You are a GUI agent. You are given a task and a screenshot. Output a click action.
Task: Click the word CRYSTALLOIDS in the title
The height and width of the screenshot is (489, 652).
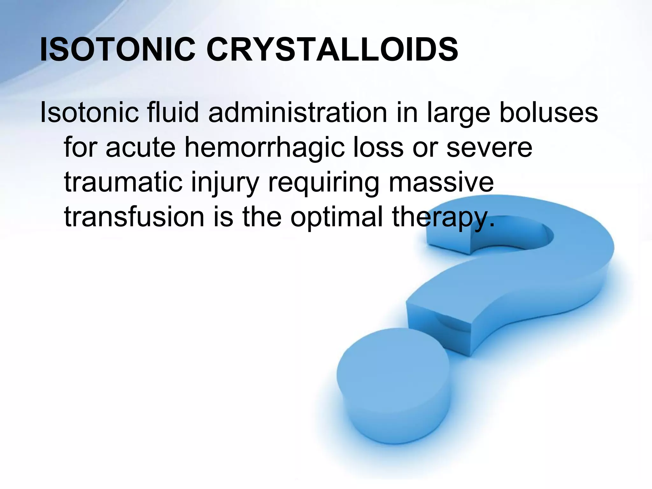click(332, 50)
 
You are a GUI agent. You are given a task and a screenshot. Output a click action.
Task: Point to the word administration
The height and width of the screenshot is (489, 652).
click(298, 113)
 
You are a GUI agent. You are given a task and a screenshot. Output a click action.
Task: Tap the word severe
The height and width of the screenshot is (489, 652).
click(489, 148)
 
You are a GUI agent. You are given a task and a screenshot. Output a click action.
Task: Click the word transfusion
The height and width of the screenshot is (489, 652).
click(134, 217)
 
